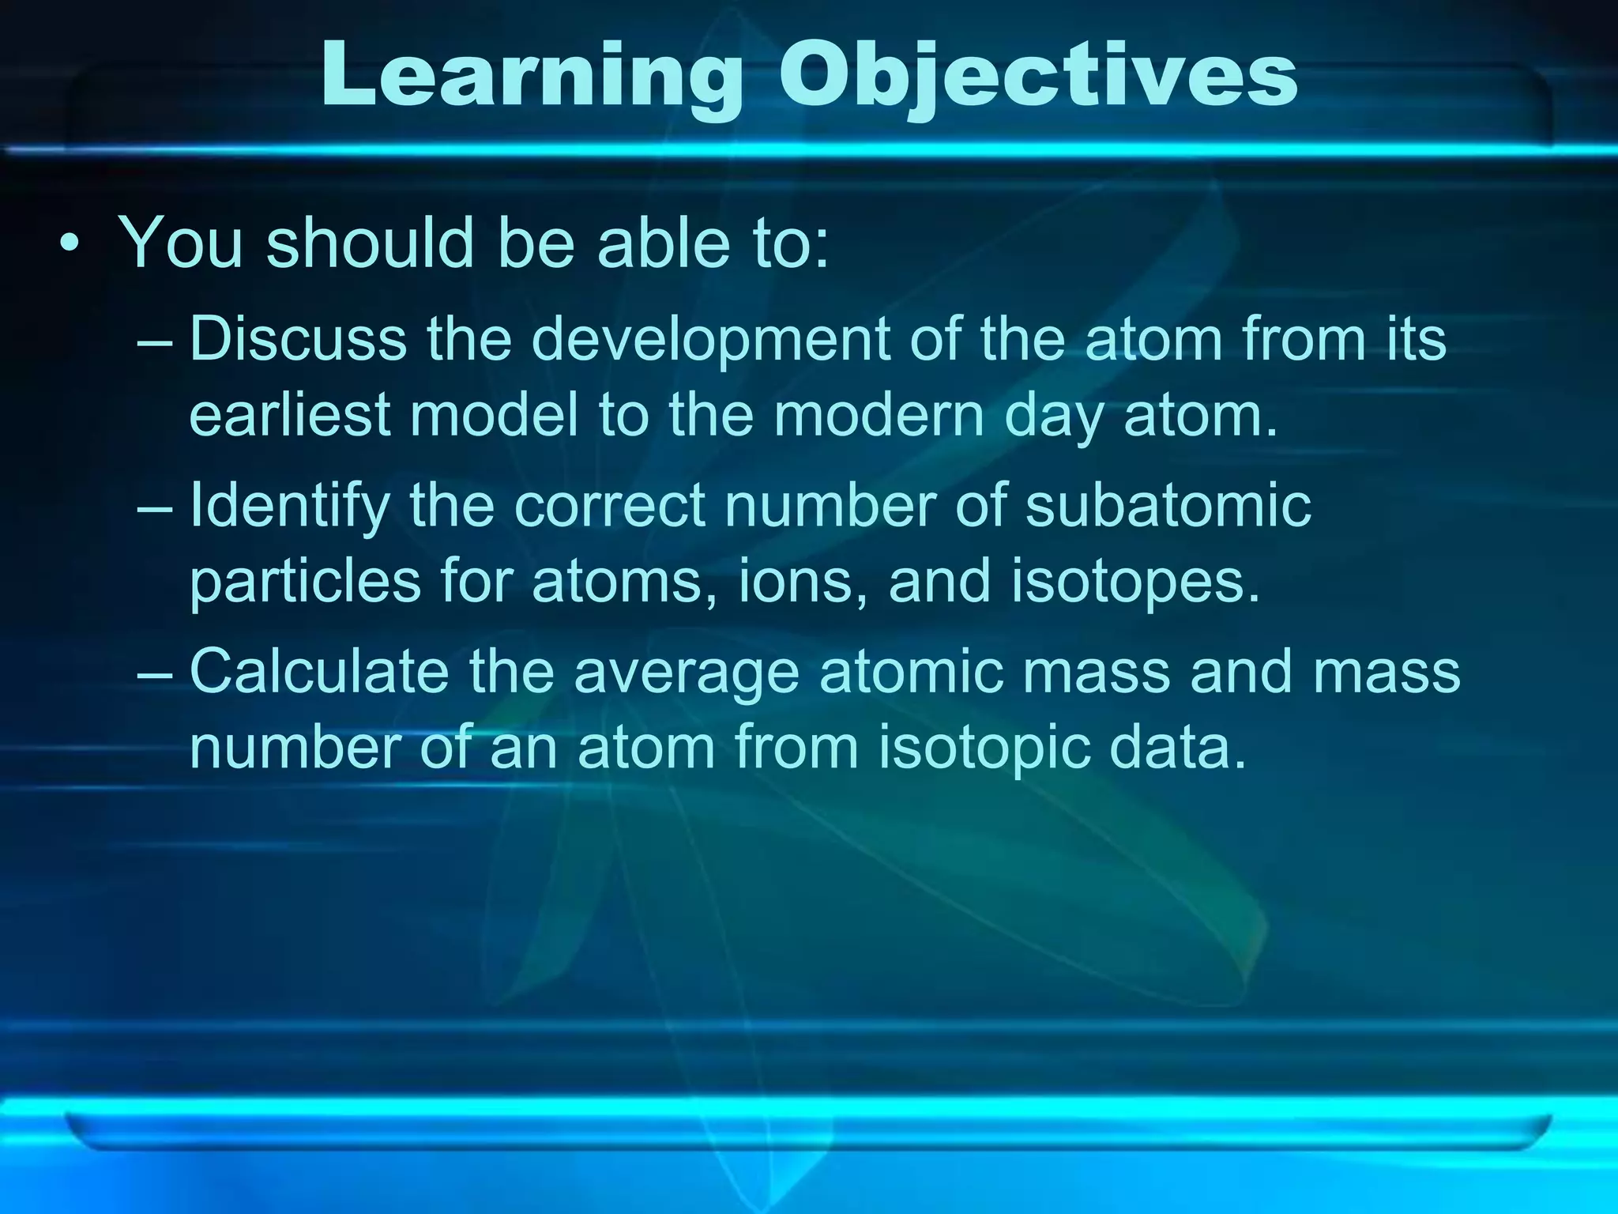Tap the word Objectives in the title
click(1037, 77)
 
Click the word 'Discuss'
click(298, 338)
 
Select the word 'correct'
click(610, 506)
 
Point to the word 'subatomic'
click(1168, 506)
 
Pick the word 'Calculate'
click(319, 672)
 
